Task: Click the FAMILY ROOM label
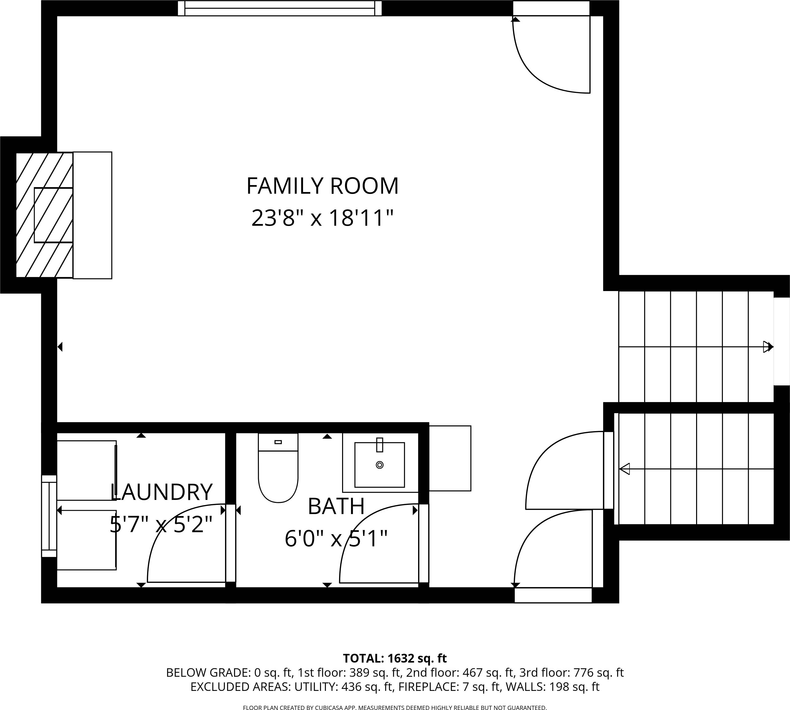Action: [322, 186]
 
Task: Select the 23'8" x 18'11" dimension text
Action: [322, 218]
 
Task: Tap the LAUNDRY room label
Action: [161, 492]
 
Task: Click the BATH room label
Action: [336, 506]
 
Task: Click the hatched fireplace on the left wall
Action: [44, 215]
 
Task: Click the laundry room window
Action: [49, 516]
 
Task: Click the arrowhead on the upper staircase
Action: [768, 346]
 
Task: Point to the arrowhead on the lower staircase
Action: [625, 469]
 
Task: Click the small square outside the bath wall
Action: [450, 458]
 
